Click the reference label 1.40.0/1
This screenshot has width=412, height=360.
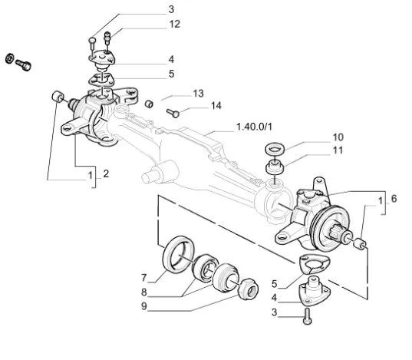(254, 127)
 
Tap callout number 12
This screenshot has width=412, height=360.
(175, 24)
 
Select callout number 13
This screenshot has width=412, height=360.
(199, 94)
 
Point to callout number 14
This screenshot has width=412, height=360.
(216, 105)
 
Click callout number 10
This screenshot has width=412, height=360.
(338, 137)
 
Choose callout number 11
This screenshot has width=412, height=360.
(338, 150)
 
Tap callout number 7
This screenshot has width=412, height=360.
(143, 278)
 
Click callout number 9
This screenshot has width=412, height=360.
(143, 306)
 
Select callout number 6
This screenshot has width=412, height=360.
(394, 199)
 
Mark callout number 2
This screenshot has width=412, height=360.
(106, 173)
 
